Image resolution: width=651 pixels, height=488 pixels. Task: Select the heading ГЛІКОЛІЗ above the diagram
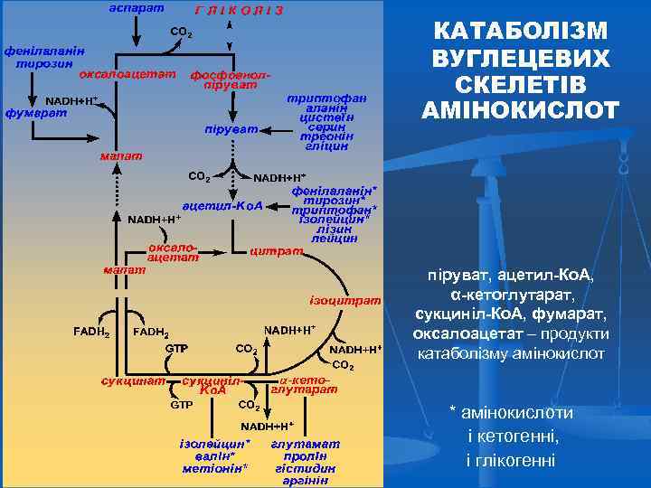[x=239, y=10]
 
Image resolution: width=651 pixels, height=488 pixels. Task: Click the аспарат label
[x=136, y=8]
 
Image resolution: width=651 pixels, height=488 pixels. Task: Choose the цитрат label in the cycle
[x=275, y=250]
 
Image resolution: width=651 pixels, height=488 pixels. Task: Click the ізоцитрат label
[x=344, y=299]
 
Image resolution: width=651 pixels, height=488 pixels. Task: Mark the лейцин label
[x=334, y=239]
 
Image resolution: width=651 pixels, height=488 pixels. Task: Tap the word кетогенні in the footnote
[x=520, y=436]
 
